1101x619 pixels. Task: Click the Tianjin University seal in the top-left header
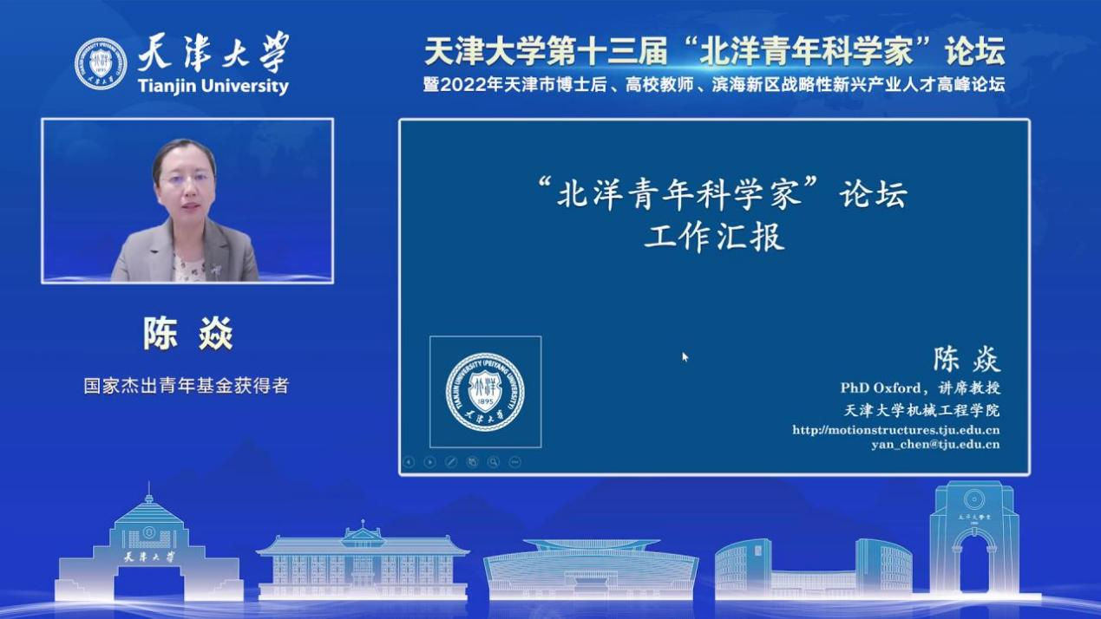point(101,64)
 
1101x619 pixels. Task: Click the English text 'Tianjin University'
point(213,86)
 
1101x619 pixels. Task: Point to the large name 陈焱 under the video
point(187,334)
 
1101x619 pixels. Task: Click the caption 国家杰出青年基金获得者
point(187,386)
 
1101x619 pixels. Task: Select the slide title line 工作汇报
point(714,238)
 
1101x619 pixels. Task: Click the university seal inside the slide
point(485,392)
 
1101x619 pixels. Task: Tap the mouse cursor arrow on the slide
point(685,356)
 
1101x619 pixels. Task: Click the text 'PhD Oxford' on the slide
point(881,388)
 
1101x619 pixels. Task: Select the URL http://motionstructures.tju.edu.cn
point(895,430)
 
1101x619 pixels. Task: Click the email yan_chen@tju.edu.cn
point(935,445)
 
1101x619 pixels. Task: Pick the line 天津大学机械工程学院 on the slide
point(921,410)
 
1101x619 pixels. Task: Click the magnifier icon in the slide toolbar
point(494,462)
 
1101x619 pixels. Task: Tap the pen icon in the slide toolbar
point(450,462)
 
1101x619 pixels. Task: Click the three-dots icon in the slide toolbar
point(515,462)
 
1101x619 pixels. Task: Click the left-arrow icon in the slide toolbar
point(409,462)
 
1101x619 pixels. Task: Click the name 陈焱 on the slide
point(967,360)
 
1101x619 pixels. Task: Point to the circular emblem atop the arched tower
point(973,499)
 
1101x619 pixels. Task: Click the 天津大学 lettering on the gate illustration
point(149,557)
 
